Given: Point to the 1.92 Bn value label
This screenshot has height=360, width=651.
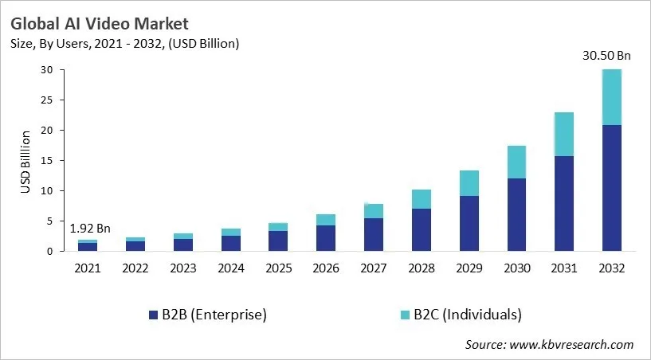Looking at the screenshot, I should (x=88, y=229).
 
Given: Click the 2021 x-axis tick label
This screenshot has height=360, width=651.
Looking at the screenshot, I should (x=88, y=268).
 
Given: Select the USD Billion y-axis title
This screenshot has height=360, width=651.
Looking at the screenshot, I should (x=26, y=161).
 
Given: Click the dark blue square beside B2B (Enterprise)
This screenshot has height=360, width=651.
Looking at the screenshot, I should (x=153, y=315).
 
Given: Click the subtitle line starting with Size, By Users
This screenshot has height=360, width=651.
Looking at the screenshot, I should (x=125, y=43).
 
